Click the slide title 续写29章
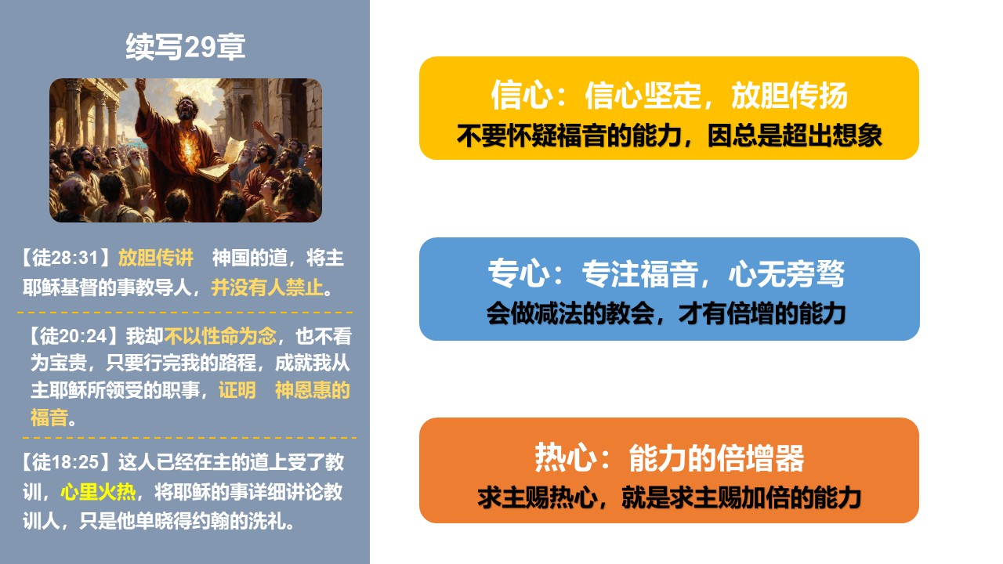click(x=186, y=46)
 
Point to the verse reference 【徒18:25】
click(x=67, y=462)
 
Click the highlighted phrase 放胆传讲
click(x=156, y=258)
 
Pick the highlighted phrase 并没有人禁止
click(x=267, y=287)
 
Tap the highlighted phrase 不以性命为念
click(x=220, y=336)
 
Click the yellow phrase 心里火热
click(x=98, y=491)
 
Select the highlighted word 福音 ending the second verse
click(x=49, y=418)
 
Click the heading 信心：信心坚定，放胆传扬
click(x=669, y=95)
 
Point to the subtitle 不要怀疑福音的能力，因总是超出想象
click(x=669, y=136)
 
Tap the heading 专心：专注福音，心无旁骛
click(x=666, y=273)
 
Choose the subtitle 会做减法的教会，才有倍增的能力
click(x=666, y=313)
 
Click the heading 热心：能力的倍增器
click(x=669, y=457)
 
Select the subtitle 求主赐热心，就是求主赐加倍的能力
click(x=669, y=497)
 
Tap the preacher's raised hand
click(x=140, y=85)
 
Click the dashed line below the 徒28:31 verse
click(x=185, y=312)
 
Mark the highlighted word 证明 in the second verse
click(x=237, y=390)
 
